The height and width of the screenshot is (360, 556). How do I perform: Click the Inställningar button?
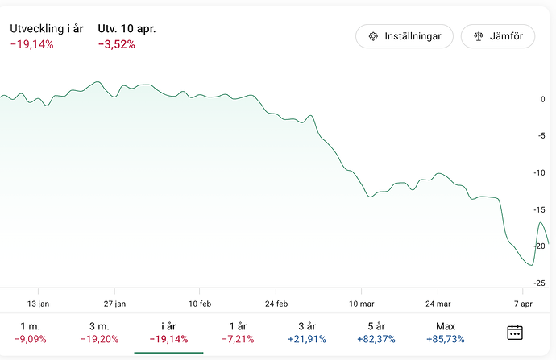[x=405, y=36]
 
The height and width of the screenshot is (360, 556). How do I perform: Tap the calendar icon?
[x=515, y=332]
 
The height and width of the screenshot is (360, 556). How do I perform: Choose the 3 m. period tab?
[x=101, y=332]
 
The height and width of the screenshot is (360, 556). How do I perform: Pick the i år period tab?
[x=168, y=332]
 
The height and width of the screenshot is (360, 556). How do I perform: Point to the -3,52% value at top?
[x=117, y=44]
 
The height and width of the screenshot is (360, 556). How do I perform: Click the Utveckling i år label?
[x=47, y=28]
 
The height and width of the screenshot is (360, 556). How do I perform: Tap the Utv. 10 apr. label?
[x=127, y=28]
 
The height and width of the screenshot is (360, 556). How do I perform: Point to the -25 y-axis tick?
[x=541, y=283]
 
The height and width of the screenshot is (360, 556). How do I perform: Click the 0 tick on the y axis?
[x=542, y=99]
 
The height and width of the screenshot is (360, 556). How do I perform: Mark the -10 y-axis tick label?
[x=541, y=172]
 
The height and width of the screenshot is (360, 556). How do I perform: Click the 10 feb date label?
[x=200, y=304]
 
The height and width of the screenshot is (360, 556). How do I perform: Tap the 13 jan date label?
[x=38, y=304]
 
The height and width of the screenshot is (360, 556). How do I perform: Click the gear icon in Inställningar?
[x=373, y=36]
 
